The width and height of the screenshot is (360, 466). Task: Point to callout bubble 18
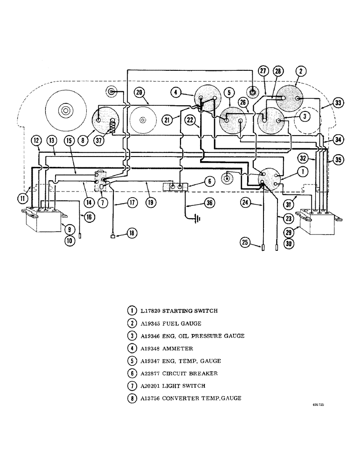132,234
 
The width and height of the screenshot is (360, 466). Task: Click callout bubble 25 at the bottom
245,242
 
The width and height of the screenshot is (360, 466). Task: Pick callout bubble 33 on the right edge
338,103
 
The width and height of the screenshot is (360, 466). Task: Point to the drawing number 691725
318,405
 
